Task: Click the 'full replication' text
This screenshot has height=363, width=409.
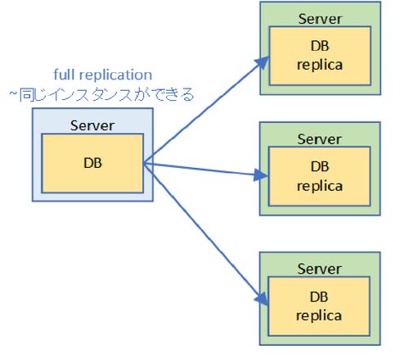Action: pos(103,75)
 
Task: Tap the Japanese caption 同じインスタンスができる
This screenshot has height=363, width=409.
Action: pos(106,95)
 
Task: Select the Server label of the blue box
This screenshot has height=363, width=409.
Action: pos(92,125)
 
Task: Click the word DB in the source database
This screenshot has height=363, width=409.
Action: pos(93,163)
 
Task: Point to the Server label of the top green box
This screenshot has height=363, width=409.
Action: pos(320,19)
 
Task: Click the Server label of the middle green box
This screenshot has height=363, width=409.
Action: pos(319,139)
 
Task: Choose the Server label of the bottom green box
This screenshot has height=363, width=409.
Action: pos(319,269)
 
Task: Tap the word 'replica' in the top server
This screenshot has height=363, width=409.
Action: pos(320,66)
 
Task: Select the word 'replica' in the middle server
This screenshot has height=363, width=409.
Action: pos(320,187)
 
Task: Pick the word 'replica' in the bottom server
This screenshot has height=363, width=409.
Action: pos(319,316)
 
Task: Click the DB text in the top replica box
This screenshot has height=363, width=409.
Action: pos(320,46)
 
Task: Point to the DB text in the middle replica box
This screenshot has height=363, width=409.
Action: pos(320,166)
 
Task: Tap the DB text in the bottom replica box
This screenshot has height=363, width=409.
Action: pos(319,297)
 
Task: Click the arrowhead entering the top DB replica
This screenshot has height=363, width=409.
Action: pos(262,63)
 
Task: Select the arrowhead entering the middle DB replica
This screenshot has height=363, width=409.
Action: pos(261,175)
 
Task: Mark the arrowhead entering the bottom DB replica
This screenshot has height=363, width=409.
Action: pos(263,299)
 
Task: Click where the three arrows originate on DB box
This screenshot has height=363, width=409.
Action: pos(144,163)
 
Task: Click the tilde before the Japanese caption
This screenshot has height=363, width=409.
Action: pos(13,93)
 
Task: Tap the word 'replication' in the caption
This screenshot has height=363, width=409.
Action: pos(115,75)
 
